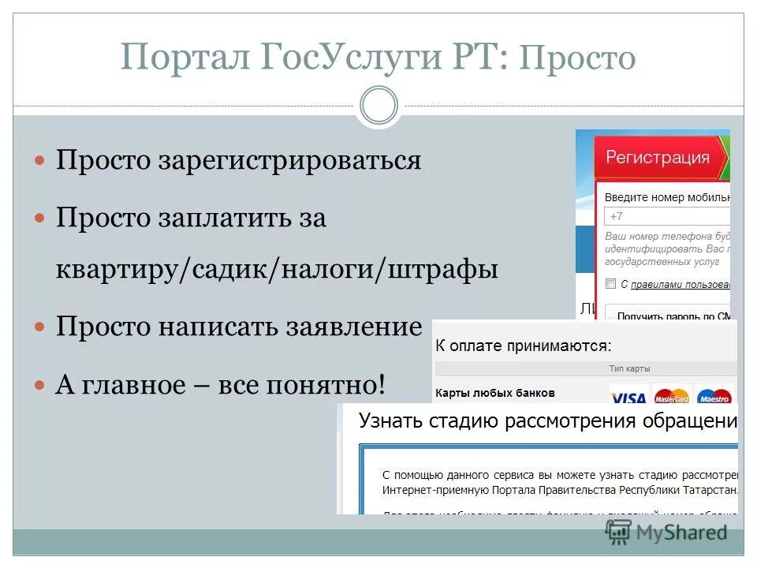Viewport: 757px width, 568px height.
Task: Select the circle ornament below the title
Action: pos(378,106)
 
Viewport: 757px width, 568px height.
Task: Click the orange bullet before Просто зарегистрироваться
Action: pos(40,160)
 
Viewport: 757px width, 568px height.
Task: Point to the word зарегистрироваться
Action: pos(291,161)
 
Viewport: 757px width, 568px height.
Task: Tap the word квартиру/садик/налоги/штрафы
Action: pos(277,270)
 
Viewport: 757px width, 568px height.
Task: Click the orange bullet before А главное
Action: pos(40,385)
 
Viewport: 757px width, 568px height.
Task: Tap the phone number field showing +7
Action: pos(667,216)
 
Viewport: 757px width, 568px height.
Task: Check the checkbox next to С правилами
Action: pos(610,284)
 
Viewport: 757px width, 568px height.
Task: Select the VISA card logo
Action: pos(628,396)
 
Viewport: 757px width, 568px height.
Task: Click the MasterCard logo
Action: pos(671,396)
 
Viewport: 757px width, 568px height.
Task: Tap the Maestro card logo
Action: pos(714,396)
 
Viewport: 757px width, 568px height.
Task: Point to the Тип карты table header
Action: pos(629,368)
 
